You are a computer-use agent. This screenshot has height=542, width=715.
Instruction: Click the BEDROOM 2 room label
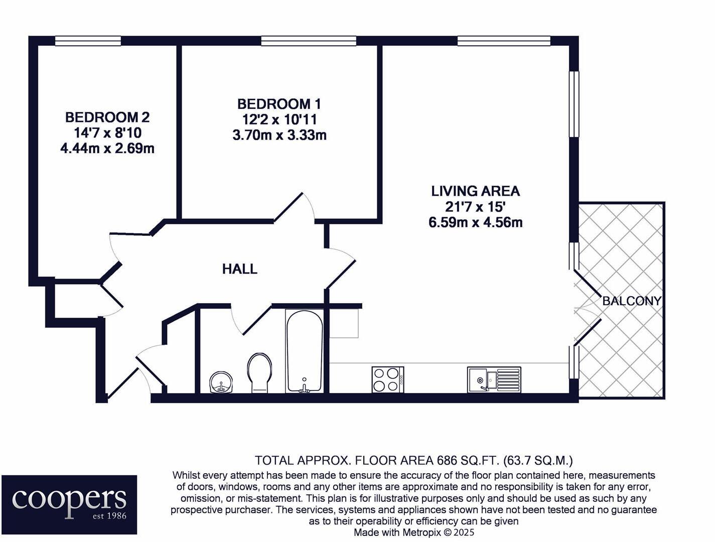pos(107,117)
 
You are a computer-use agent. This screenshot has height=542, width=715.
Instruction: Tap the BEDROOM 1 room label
pos(279,104)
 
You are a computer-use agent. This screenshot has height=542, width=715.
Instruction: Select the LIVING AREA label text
pos(475,191)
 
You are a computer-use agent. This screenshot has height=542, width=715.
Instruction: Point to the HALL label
pos(239,269)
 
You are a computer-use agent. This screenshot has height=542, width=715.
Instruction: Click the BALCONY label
pos(631,301)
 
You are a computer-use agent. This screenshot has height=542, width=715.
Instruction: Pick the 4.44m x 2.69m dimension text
pos(107,149)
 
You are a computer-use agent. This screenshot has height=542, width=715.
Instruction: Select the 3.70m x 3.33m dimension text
pos(279,135)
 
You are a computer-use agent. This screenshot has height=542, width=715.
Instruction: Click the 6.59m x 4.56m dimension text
pos(475,222)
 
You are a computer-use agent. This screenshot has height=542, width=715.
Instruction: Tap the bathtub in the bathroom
pos(304,351)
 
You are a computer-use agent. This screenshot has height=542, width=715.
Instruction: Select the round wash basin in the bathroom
pos(221,382)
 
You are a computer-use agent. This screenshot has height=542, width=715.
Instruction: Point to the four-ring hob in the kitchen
pos(387,379)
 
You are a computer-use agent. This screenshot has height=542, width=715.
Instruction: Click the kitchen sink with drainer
pos(494,379)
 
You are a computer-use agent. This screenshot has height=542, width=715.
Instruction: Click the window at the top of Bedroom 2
pos(88,41)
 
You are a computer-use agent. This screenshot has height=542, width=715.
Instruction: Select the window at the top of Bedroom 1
pos(309,41)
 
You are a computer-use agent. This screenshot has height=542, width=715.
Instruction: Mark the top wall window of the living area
pos(504,41)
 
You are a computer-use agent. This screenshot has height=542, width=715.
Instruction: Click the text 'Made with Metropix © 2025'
pos(413,532)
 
